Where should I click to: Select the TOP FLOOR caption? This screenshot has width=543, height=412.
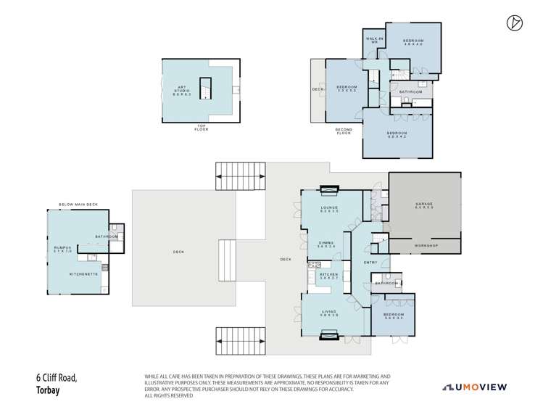tap(201, 127)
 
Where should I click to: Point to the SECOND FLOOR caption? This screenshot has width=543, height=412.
tap(344, 132)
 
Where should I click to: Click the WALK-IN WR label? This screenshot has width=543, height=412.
tap(373, 41)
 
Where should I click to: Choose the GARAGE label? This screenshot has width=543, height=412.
tap(424, 205)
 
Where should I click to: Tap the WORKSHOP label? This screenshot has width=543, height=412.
tap(426, 247)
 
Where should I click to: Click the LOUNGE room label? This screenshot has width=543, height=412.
tap(330, 209)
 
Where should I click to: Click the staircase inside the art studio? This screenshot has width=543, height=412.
tap(205, 88)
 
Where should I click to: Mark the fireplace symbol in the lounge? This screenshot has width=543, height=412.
tap(329, 191)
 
